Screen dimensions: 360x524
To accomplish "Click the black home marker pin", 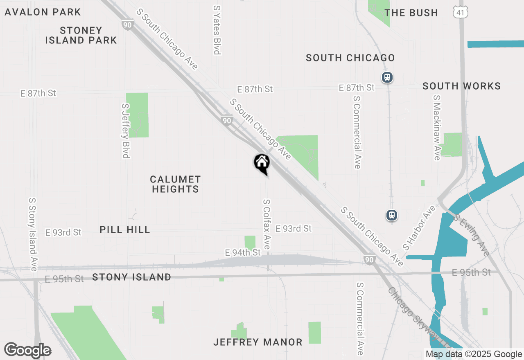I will coord(262,163).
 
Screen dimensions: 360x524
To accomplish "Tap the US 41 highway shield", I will coord(460,13).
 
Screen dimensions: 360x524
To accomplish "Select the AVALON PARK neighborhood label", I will coord(43,12).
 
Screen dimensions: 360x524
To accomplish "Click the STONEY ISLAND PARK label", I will coord(81,35).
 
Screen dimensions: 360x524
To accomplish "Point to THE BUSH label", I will coord(411,13).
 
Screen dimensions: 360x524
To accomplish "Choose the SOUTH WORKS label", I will coord(461,86).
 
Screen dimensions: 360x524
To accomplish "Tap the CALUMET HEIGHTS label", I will coord(175,184).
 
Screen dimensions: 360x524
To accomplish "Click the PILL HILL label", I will coord(125,229).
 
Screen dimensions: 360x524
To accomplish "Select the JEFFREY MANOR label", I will coord(258,342).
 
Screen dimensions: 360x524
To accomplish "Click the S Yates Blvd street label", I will coord(217,29).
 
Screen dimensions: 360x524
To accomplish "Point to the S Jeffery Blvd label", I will coord(126,130).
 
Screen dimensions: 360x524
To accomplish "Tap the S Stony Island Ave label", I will coord(33,234).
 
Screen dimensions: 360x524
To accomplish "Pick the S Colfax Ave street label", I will coord(267,224).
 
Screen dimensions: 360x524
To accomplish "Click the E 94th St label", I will coord(243,253).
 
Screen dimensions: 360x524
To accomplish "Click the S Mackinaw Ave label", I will coord(437,128).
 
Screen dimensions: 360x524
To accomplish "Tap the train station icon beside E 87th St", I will coord(387,77).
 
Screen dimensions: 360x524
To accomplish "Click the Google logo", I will coord(27,350).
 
